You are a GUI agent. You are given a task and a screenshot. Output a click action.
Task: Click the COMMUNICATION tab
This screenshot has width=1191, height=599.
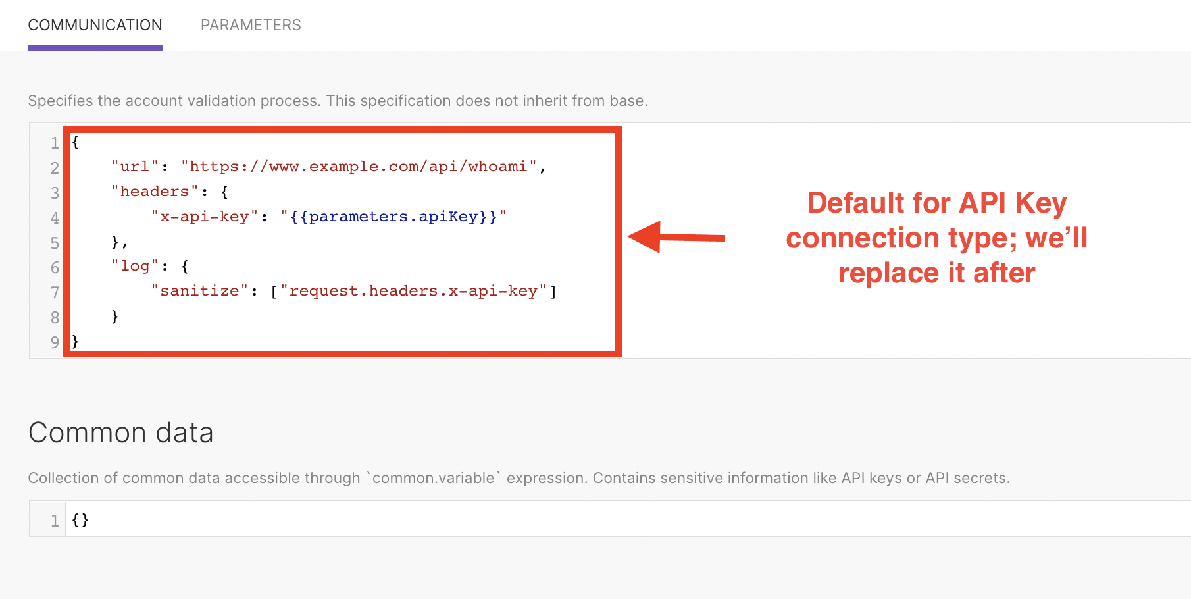[95, 25]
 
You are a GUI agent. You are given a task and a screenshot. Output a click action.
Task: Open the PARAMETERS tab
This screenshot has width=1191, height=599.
[251, 25]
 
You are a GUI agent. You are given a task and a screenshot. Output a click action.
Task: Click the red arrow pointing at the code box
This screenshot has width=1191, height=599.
[676, 237]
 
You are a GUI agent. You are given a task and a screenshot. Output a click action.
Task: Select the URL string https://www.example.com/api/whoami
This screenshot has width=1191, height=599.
[359, 167]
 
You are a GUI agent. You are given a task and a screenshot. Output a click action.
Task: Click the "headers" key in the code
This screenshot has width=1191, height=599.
[155, 192]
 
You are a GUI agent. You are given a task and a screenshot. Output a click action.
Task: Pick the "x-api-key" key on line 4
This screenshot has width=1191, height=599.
[204, 217]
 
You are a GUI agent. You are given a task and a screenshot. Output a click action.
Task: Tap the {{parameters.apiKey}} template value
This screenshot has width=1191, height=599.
[393, 217]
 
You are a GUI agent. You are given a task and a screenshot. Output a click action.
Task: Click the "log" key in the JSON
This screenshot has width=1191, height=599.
[135, 266]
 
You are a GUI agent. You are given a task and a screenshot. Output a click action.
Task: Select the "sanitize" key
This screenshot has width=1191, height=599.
[199, 291]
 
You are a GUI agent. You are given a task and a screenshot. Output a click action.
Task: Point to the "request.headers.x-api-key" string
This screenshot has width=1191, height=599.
[413, 291]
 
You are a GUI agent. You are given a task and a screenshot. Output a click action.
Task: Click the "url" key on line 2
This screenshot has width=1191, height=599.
[135, 167]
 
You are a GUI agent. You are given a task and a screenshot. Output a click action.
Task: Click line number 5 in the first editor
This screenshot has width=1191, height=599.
[55, 243]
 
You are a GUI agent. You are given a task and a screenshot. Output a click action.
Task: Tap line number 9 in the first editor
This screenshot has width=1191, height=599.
[55, 342]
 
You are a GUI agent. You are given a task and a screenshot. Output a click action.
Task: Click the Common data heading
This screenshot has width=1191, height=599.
[121, 432]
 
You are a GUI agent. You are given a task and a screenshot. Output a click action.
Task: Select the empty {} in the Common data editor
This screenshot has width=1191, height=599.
[80, 520]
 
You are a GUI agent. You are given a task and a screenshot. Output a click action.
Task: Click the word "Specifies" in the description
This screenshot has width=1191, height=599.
[61, 101]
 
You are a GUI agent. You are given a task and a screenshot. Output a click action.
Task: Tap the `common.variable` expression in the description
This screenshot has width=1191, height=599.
[433, 478]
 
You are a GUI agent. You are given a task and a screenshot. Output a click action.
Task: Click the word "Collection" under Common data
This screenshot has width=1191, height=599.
[63, 478]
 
